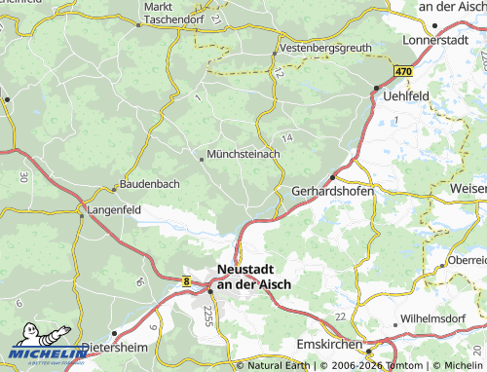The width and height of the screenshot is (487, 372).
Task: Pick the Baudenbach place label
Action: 151,183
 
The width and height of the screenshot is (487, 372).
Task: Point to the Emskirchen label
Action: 330,346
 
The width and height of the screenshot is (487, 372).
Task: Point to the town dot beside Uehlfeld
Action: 377,90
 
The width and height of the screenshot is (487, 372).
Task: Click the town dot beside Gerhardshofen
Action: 332,177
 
